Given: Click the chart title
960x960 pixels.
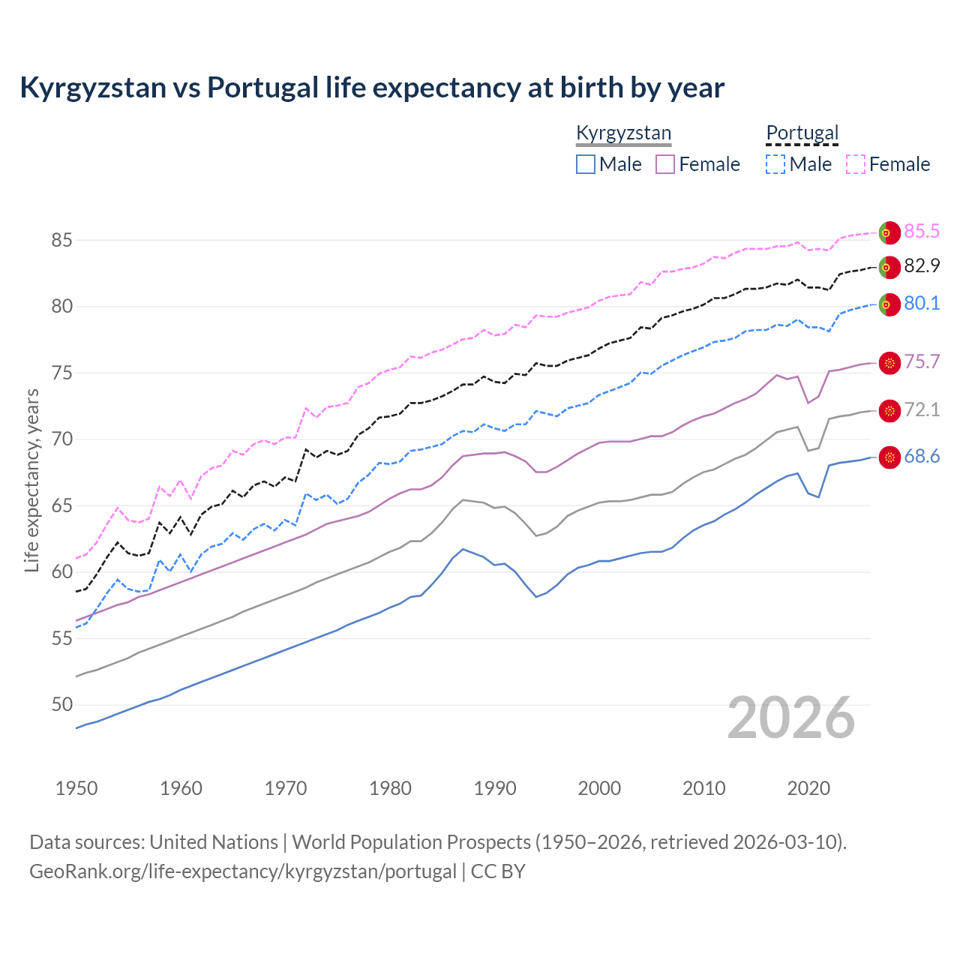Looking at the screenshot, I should tap(372, 88).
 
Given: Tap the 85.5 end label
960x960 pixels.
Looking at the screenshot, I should tap(922, 231).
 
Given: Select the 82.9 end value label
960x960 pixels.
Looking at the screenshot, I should tap(922, 265).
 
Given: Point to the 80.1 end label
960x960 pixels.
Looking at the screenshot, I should tap(922, 303).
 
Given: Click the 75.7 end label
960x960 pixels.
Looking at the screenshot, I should tap(922, 361).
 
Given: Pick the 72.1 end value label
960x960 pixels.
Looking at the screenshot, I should tap(922, 409).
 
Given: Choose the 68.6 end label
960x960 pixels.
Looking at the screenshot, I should tap(922, 456).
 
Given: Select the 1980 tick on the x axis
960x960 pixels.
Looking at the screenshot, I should tap(391, 788).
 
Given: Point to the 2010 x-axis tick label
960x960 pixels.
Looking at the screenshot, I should tap(703, 788).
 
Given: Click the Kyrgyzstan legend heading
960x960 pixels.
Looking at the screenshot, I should tap(623, 133).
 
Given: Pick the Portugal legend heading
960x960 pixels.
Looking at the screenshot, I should tap(802, 133).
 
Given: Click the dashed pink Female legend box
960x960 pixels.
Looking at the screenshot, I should tap(856, 164).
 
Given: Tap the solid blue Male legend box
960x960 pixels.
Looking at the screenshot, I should tap(586, 164).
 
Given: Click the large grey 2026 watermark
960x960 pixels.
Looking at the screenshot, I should tap(791, 718).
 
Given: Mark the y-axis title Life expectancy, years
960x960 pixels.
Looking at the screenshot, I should tap(31, 480).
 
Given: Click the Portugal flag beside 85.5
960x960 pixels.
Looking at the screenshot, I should tap(889, 232).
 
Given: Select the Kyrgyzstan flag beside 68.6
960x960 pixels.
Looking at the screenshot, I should tap(889, 457).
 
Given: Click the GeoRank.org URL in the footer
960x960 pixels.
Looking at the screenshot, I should tap(242, 871).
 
